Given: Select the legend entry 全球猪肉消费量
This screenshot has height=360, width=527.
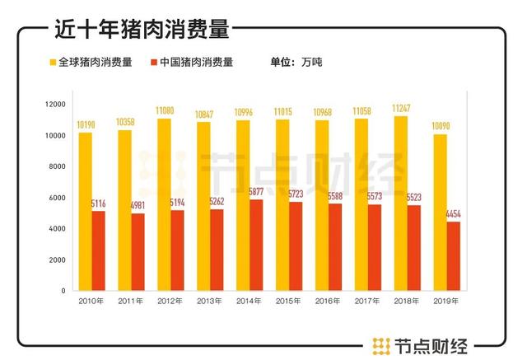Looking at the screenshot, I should coord(95,62).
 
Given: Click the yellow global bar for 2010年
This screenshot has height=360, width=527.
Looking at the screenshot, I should coord(86,211).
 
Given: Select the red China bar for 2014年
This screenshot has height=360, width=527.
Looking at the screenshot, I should coord(257,245).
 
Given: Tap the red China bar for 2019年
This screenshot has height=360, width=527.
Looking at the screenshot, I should coord(454,255).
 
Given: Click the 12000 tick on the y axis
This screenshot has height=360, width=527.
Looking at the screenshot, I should coord(55,105).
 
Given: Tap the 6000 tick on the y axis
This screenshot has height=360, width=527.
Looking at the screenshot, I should coord(58,198).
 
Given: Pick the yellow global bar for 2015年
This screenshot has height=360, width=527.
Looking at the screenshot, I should coord(283,205).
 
